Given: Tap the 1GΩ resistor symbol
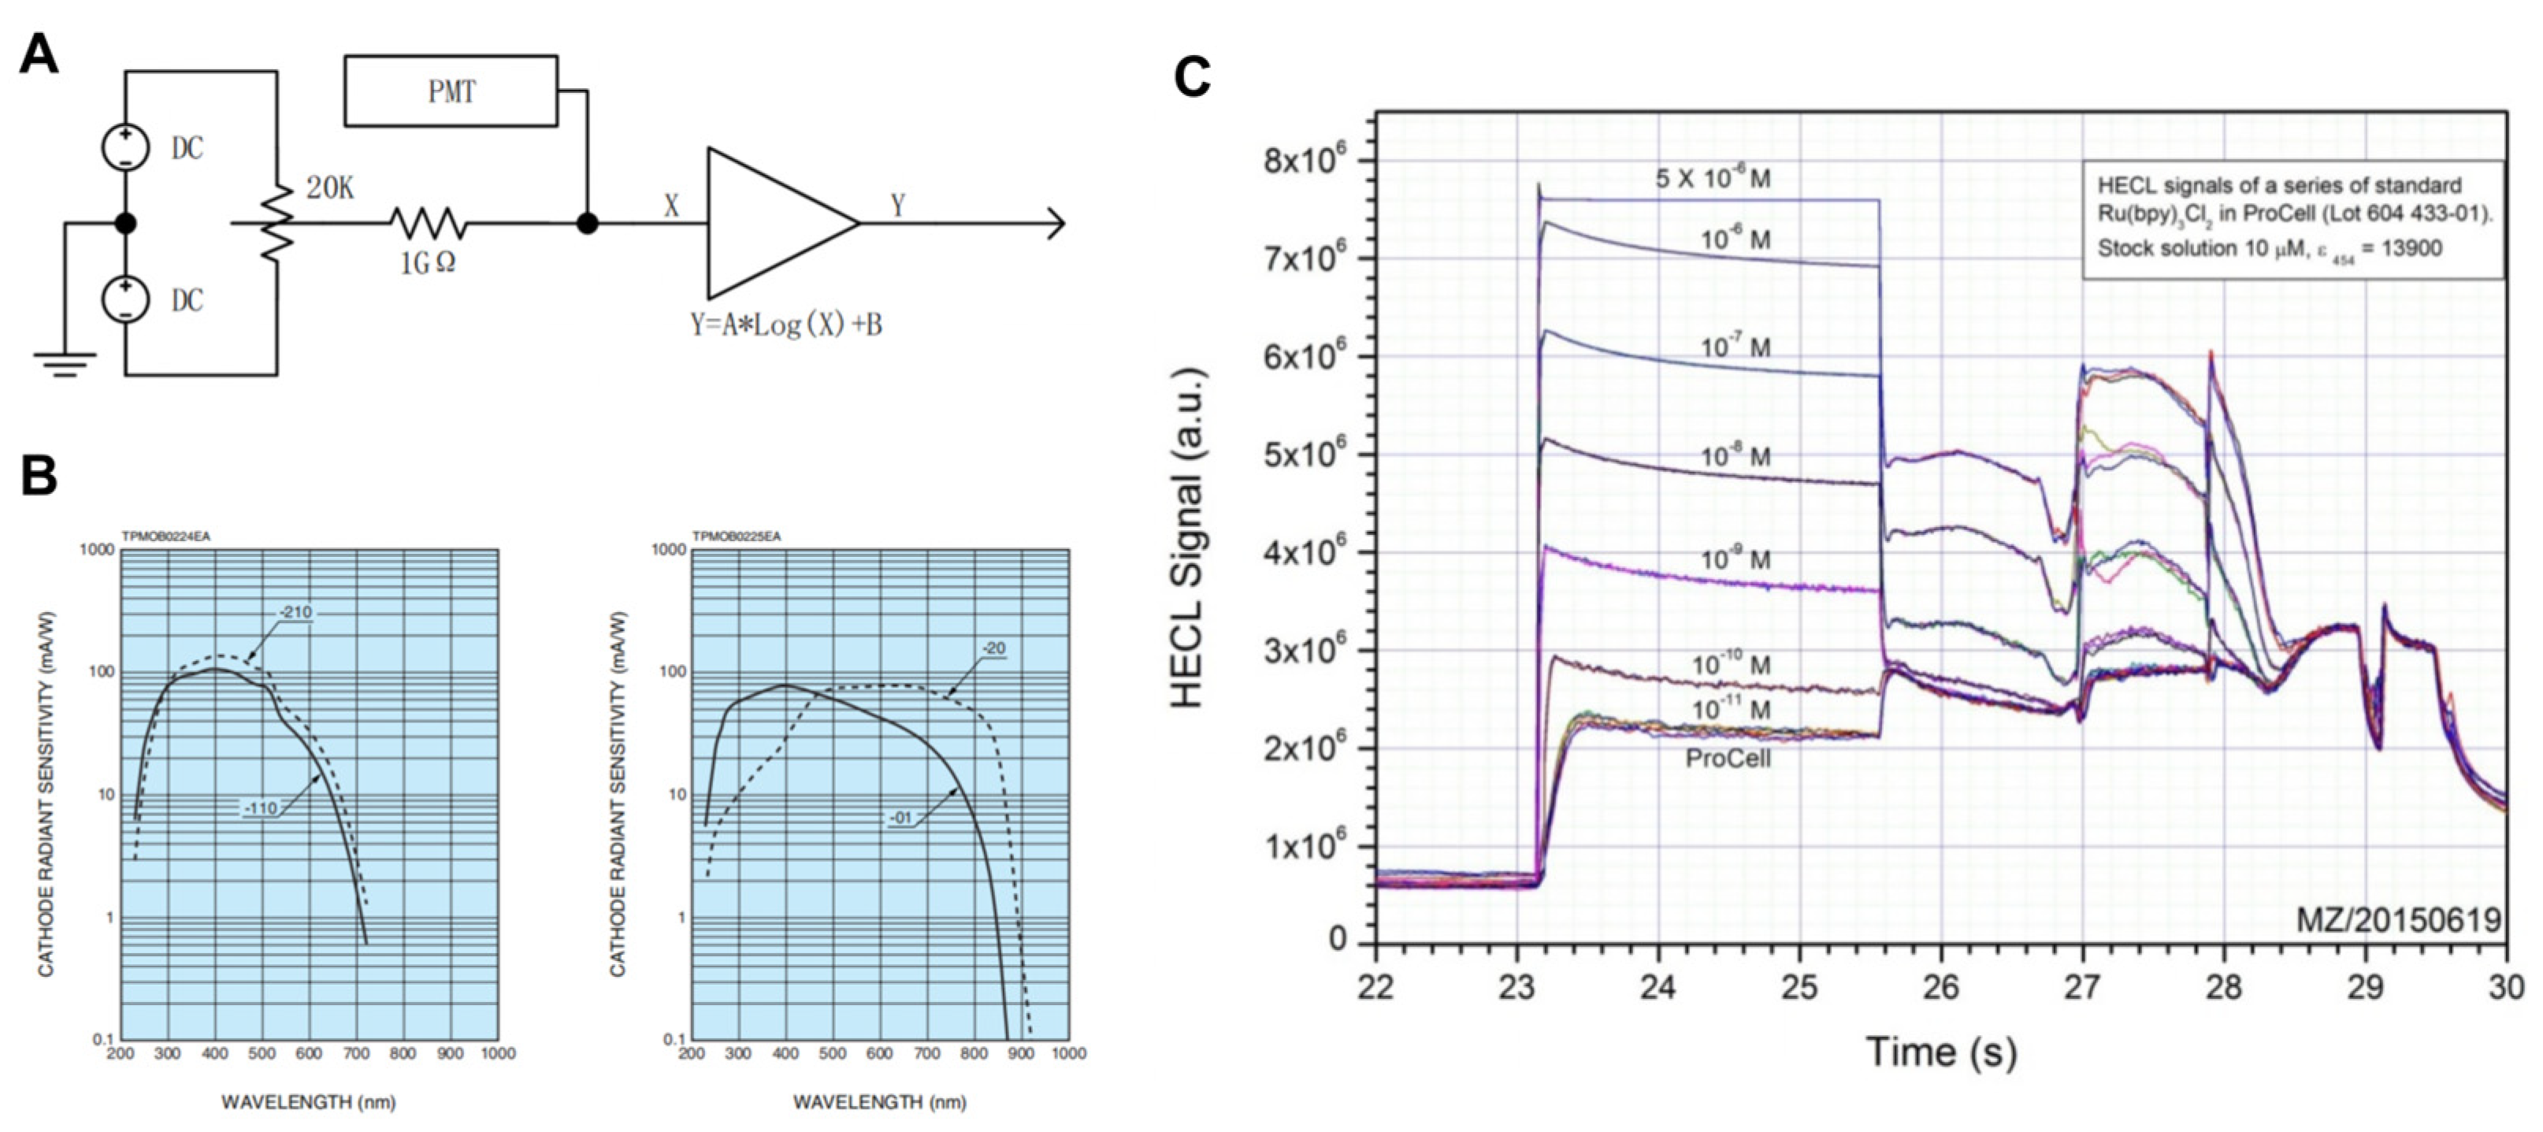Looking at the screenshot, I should point(429,224).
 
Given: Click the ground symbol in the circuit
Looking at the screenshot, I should point(65,366).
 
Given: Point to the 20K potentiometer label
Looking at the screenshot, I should point(329,187).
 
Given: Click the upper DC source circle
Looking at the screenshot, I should point(125,148).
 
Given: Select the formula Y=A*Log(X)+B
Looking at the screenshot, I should point(785,325).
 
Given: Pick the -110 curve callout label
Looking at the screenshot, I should point(262,808).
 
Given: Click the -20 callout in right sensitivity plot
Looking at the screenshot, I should point(993,648).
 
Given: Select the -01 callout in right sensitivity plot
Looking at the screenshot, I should point(900,818).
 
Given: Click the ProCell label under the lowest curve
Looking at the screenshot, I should point(1728,759).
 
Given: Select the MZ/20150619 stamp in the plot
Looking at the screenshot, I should point(2398,920).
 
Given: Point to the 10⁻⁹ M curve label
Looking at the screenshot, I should point(1735,559).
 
